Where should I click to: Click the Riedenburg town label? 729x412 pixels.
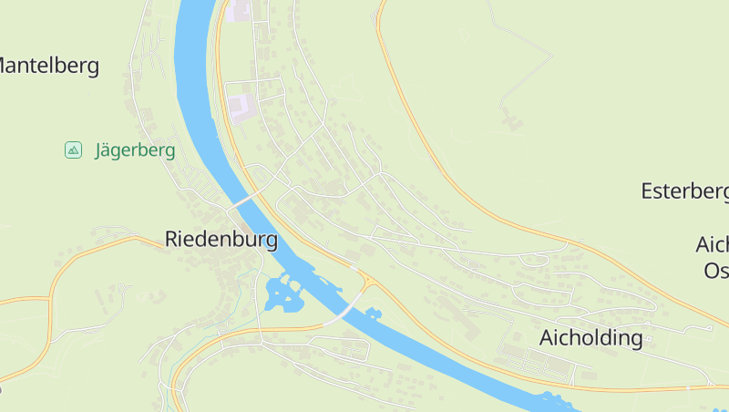(221, 240)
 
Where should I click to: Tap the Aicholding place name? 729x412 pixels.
(590, 338)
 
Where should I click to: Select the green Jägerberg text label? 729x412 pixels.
(135, 150)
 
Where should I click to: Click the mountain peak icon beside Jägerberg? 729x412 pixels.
(73, 149)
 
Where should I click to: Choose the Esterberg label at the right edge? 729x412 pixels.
(683, 191)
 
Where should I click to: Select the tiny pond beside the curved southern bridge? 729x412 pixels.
(372, 314)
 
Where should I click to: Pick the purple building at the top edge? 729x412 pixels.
(239, 11)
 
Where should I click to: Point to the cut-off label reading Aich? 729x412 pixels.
(712, 245)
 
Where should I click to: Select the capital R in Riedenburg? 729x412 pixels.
(172, 240)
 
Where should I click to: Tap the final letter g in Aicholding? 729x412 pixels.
(636, 340)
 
